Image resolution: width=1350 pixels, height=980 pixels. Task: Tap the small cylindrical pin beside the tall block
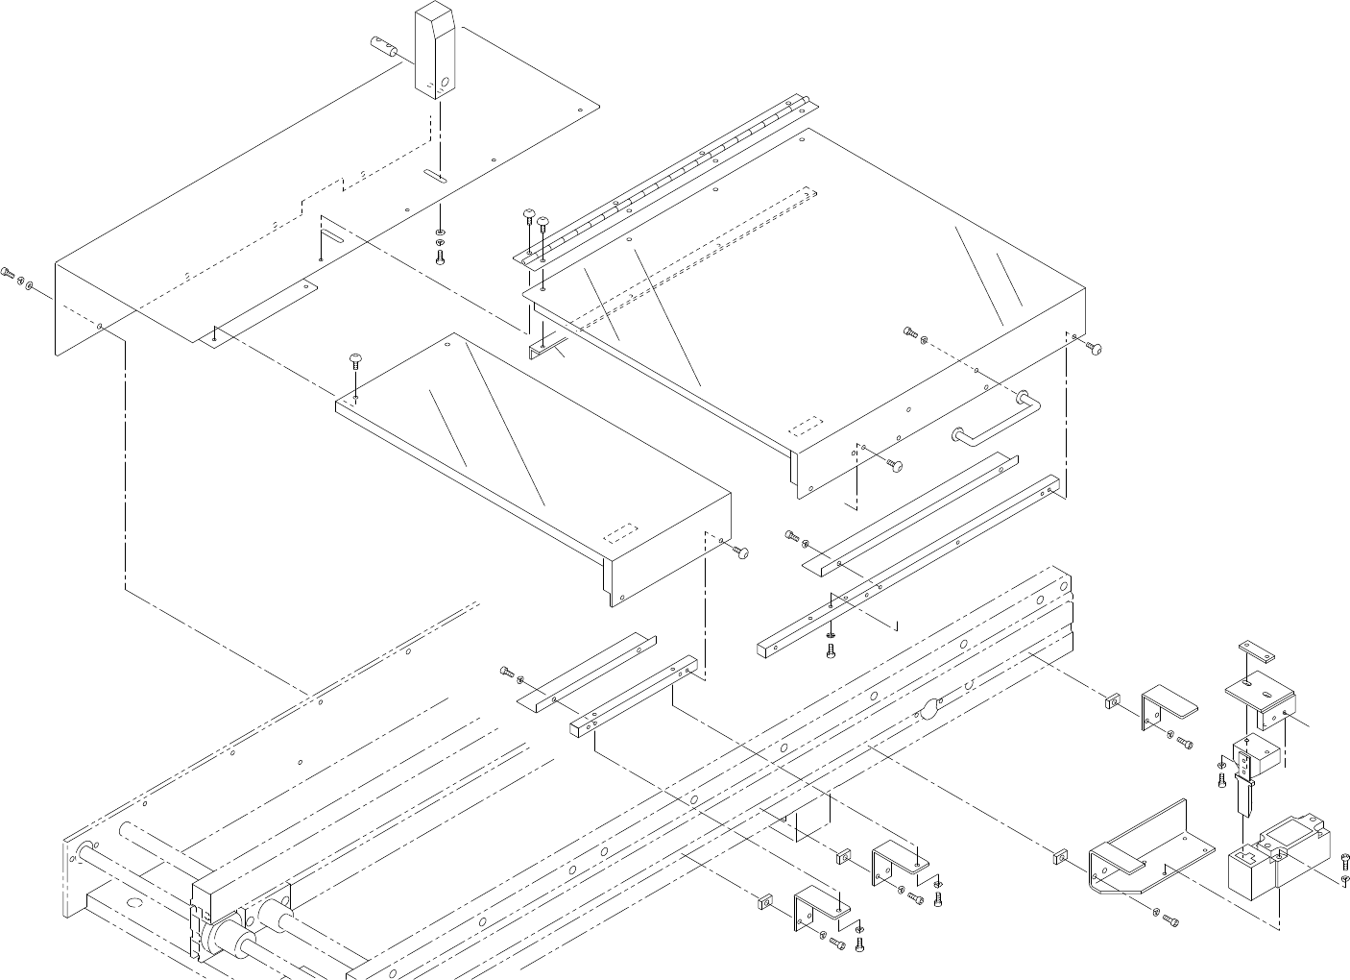(x=383, y=45)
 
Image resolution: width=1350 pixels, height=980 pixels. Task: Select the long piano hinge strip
(x=663, y=178)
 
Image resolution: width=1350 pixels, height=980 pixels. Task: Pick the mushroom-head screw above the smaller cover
(x=356, y=363)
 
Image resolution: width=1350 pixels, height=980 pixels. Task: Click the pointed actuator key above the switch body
(x=1244, y=795)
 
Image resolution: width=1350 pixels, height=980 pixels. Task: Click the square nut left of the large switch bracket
(x=1059, y=854)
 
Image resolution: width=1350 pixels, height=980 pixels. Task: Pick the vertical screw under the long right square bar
(x=832, y=649)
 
